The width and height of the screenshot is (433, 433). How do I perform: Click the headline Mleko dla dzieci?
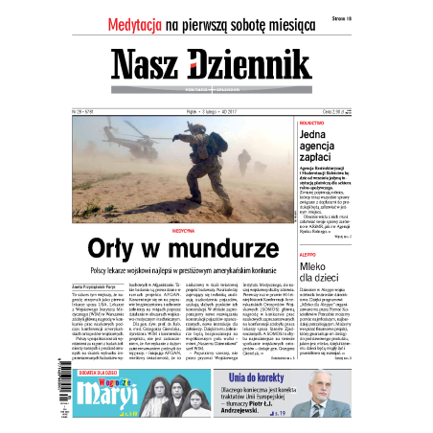(x=336, y=294)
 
